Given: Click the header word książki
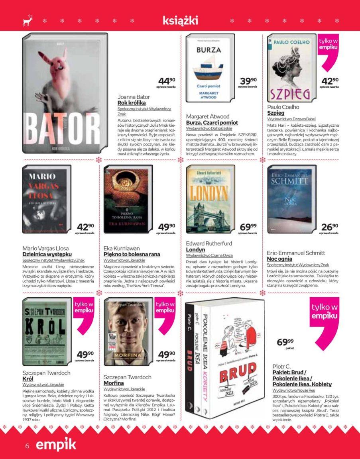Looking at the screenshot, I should pyautogui.click(x=180, y=20).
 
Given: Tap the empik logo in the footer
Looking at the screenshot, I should pyautogui.click(x=56, y=445).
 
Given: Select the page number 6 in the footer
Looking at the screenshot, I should pyautogui.click(x=27, y=446).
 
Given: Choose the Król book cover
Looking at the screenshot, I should pyautogui.click(x=46, y=331).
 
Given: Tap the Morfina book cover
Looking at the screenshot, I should pyautogui.click(x=128, y=331).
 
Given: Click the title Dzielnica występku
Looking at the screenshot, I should pyautogui.click(x=47, y=254).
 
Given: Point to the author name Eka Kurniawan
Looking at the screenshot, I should pyautogui.click(x=122, y=248).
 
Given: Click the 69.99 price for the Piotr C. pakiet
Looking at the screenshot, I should pyautogui.click(x=285, y=342).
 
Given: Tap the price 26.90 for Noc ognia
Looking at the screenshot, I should pyautogui.click(x=330, y=228).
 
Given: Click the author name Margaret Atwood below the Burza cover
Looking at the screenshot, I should pyautogui.click(x=208, y=116).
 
